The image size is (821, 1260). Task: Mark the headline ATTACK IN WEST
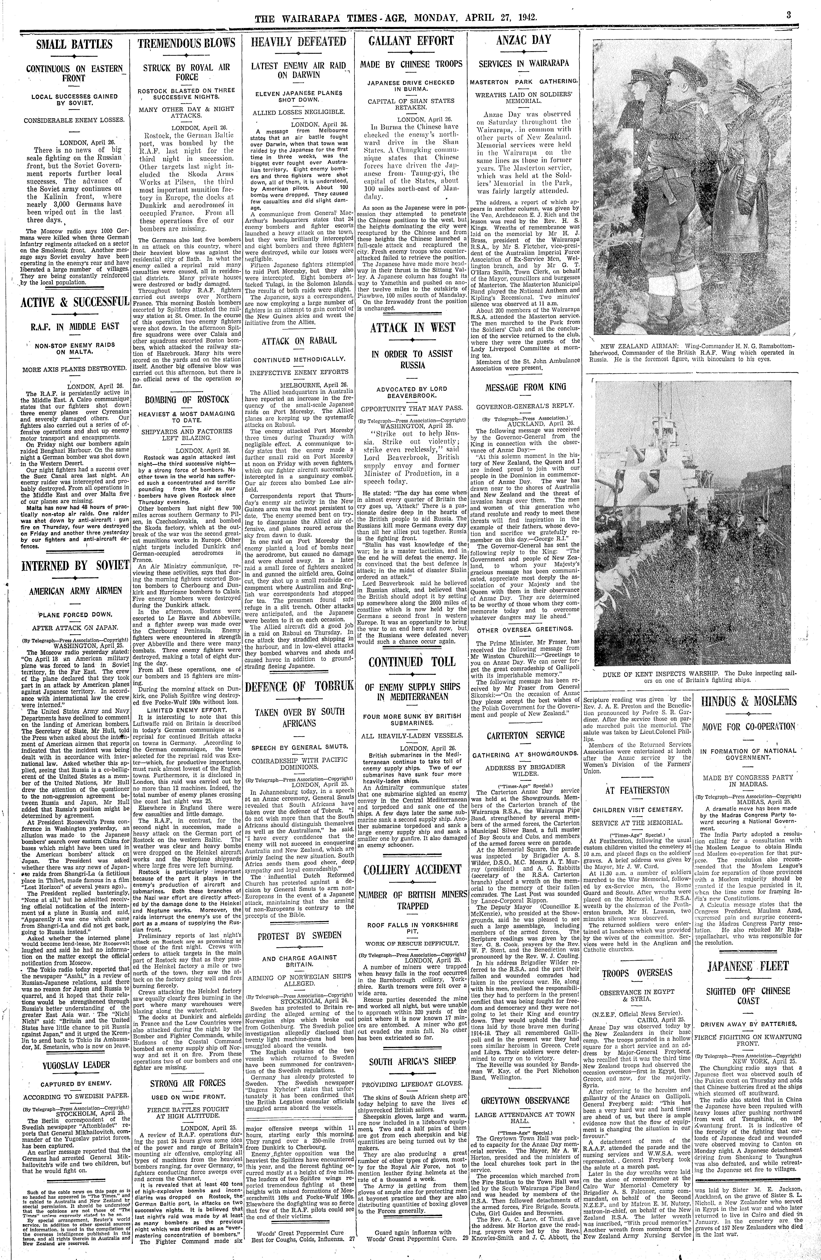coord(412,328)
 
